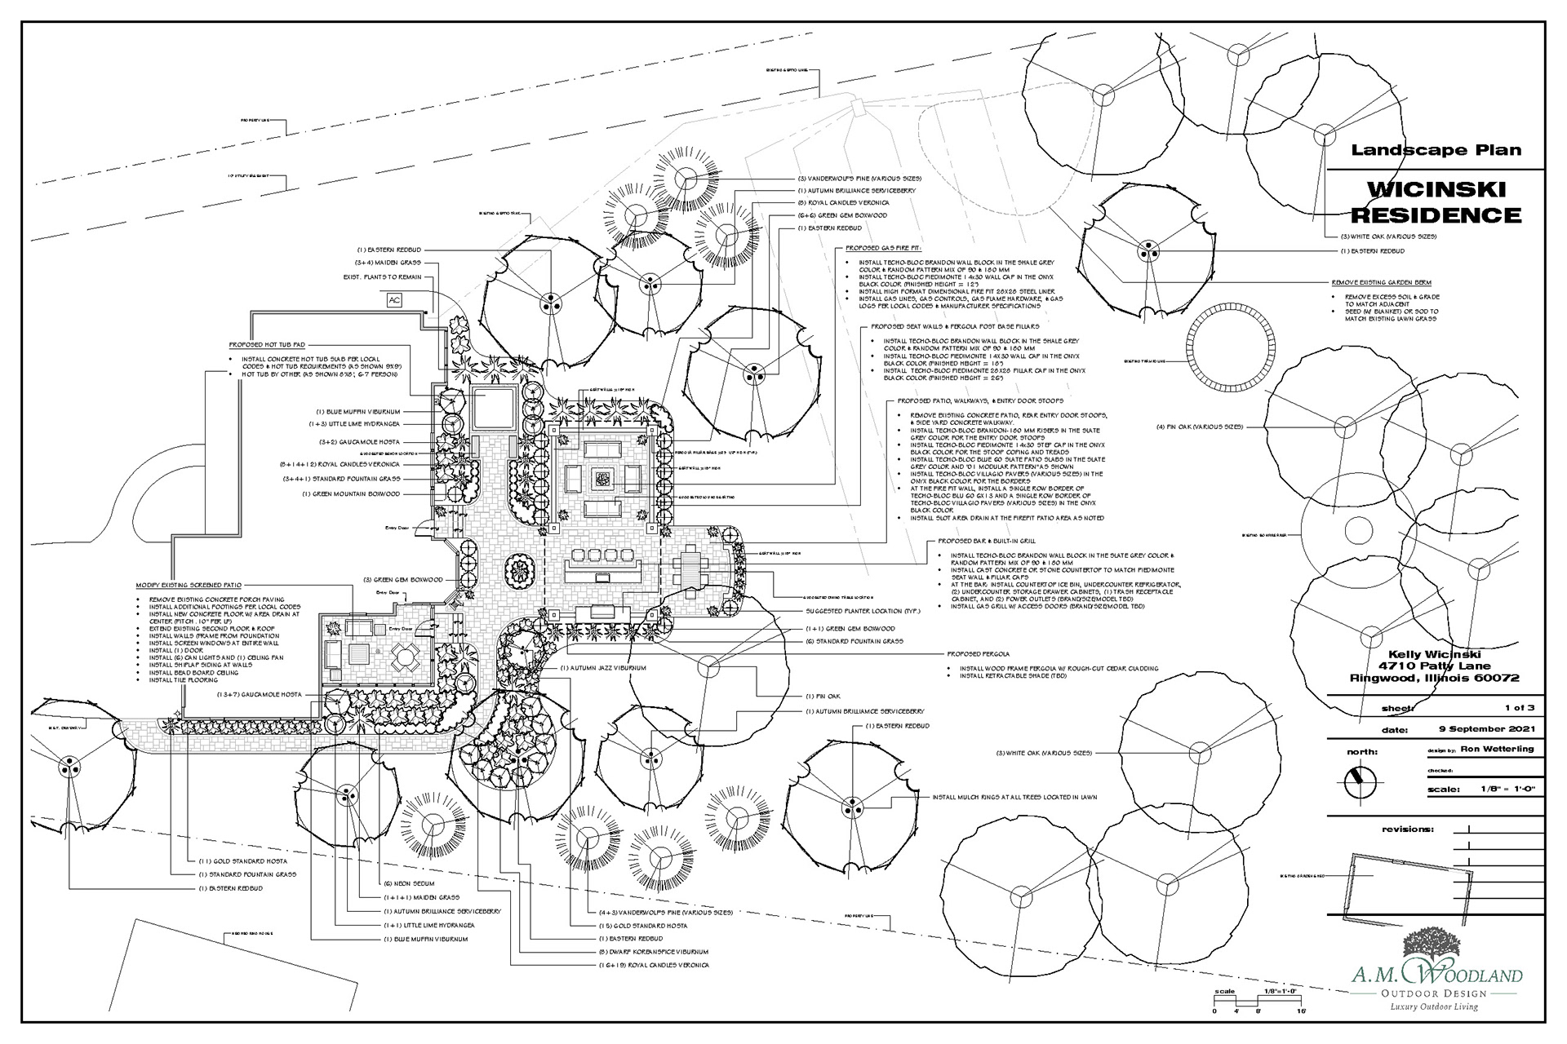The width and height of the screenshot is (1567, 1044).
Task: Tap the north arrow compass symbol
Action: (1360, 783)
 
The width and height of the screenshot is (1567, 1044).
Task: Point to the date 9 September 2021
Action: (1486, 729)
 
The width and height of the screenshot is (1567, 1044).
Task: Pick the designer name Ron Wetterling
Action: (1497, 749)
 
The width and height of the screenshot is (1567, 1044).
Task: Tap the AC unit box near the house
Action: (395, 299)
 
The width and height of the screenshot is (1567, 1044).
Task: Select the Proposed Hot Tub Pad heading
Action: (267, 345)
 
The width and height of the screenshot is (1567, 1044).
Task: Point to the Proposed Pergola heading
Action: (978, 654)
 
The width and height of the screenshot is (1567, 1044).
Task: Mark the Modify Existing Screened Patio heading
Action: (189, 586)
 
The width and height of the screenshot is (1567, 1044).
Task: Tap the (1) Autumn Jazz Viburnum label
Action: (603, 668)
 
